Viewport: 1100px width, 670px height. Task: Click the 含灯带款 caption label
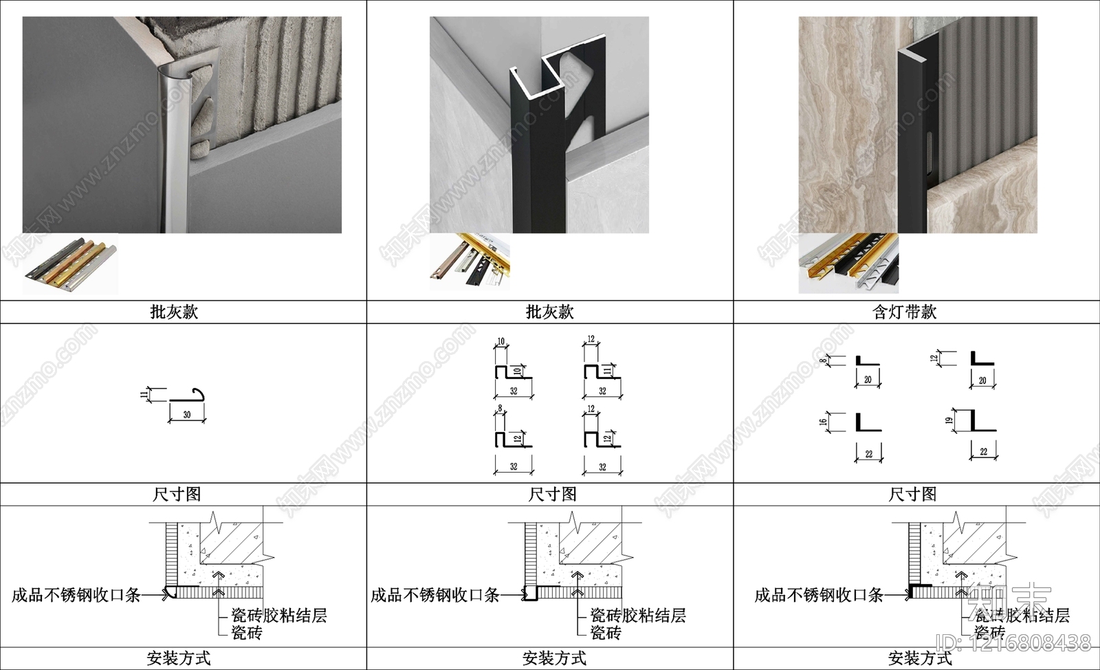coord(904,312)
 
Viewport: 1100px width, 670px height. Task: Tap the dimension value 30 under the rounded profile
coord(187,415)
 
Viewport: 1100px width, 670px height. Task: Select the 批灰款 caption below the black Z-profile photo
coord(549,312)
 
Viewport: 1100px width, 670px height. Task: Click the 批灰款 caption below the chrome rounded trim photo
coord(174,312)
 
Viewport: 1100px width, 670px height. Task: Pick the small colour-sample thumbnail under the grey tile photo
coord(70,265)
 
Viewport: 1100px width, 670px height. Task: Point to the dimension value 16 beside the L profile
coord(823,421)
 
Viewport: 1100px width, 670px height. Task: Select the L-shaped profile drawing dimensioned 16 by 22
coord(868,422)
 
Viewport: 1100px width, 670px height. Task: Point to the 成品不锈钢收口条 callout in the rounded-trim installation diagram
coord(76,595)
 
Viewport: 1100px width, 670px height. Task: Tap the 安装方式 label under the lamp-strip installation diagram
coord(920,658)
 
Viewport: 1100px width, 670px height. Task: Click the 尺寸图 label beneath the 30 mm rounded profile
coord(177,494)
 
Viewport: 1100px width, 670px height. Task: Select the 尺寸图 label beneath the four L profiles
coord(912,494)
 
